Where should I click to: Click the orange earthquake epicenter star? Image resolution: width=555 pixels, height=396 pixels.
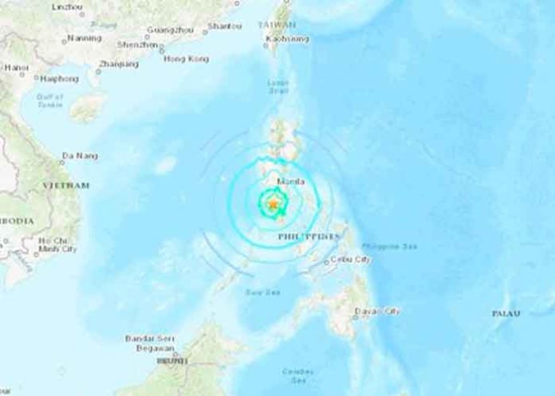coord(273,205)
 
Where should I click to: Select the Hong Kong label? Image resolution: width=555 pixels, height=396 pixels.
coord(185,59)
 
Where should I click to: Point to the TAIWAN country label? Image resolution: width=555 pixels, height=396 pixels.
coord(277,25)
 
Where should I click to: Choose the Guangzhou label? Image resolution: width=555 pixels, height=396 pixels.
coord(169,30)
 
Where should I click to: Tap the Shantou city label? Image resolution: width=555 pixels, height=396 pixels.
coord(225,26)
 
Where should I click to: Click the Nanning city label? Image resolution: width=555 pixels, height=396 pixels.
coord(84,37)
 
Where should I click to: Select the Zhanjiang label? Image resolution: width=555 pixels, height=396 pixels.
coord(116,63)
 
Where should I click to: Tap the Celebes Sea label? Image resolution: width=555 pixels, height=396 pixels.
coord(297,373)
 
